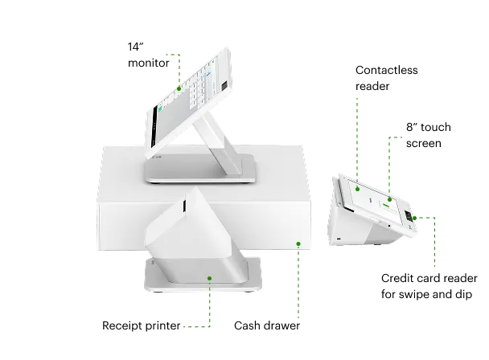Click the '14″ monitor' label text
(149, 55)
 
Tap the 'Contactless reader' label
(386, 78)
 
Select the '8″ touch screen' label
(428, 135)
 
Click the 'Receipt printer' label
(142, 325)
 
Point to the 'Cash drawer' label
(267, 325)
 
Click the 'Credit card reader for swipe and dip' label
(429, 286)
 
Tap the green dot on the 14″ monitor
(179, 88)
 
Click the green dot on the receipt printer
(210, 278)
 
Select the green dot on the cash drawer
(298, 243)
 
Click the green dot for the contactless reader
(357, 189)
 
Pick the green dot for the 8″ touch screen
(389, 199)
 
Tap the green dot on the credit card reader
(414, 218)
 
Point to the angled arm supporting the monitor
(218, 141)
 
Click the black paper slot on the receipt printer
(184, 206)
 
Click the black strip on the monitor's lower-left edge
(154, 127)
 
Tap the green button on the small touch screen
(386, 205)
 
